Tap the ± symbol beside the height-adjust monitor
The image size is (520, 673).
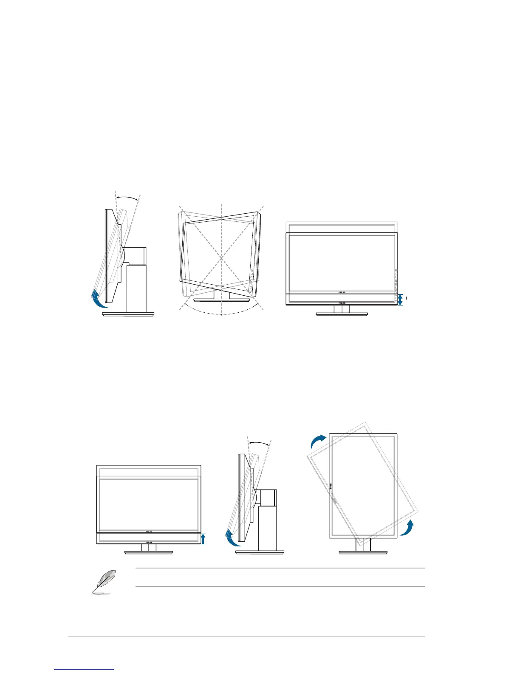(406, 299)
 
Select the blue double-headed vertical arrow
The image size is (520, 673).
(400, 299)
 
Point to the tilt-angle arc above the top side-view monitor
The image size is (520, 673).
(127, 197)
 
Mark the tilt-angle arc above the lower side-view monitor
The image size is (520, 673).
(259, 443)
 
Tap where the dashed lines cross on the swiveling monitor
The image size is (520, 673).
(221, 257)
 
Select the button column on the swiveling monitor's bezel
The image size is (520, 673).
(252, 280)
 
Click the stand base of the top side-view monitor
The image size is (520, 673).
(128, 314)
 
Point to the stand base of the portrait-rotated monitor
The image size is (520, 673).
(363, 552)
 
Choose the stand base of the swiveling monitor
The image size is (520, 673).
(221, 300)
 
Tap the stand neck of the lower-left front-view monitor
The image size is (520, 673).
(149, 547)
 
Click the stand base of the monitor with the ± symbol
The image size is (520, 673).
(342, 314)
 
